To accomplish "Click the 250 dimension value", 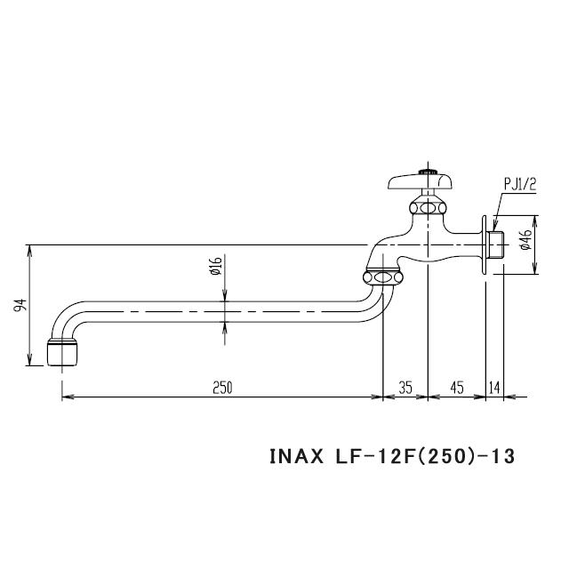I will (222, 388).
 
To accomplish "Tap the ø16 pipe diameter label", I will (216, 267).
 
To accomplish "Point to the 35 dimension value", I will (405, 388).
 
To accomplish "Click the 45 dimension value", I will (457, 388).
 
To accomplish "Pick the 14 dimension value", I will (495, 388).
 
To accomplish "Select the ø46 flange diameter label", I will (525, 239).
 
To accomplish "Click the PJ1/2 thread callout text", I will (520, 184).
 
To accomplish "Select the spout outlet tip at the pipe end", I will (60, 352).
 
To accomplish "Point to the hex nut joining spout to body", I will (383, 277).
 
